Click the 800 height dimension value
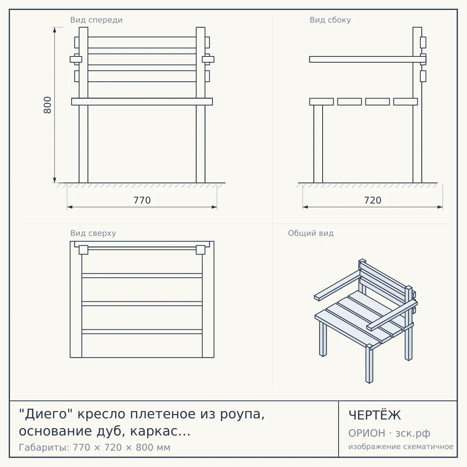[x=47, y=105]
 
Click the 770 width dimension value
[x=142, y=200]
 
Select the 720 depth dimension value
[x=372, y=200]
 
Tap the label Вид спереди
[x=96, y=20]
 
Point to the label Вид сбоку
[x=330, y=20]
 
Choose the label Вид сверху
[x=93, y=233]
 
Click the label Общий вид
[x=311, y=233]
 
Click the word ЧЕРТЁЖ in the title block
[x=375, y=415]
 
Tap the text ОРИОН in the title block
[x=367, y=433]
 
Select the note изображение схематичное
[x=401, y=446]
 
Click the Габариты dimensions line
[x=95, y=448]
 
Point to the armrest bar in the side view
[x=368, y=60]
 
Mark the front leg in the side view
[x=318, y=144]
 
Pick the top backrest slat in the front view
[x=142, y=42]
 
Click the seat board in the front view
[x=142, y=102]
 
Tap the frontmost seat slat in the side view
[x=321, y=102]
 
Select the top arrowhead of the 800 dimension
[x=54, y=30]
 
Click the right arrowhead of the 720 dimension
[x=440, y=207]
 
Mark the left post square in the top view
[x=84, y=250]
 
